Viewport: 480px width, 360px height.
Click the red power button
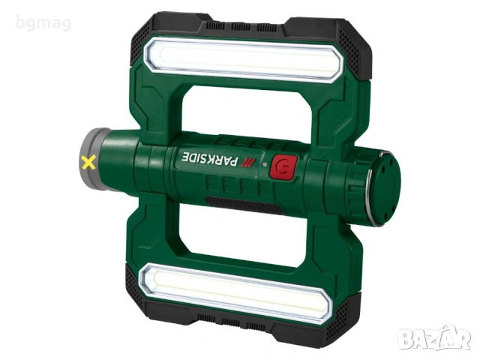(283, 166)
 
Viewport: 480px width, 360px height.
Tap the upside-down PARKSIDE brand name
(210, 158)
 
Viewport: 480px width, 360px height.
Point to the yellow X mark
(88, 162)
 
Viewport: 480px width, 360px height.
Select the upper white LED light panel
(242, 59)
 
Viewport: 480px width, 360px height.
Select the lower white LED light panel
(235, 291)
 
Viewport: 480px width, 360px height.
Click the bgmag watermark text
(43, 23)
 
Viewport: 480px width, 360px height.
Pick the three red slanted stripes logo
(248, 163)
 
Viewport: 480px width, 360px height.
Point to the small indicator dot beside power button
(265, 164)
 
